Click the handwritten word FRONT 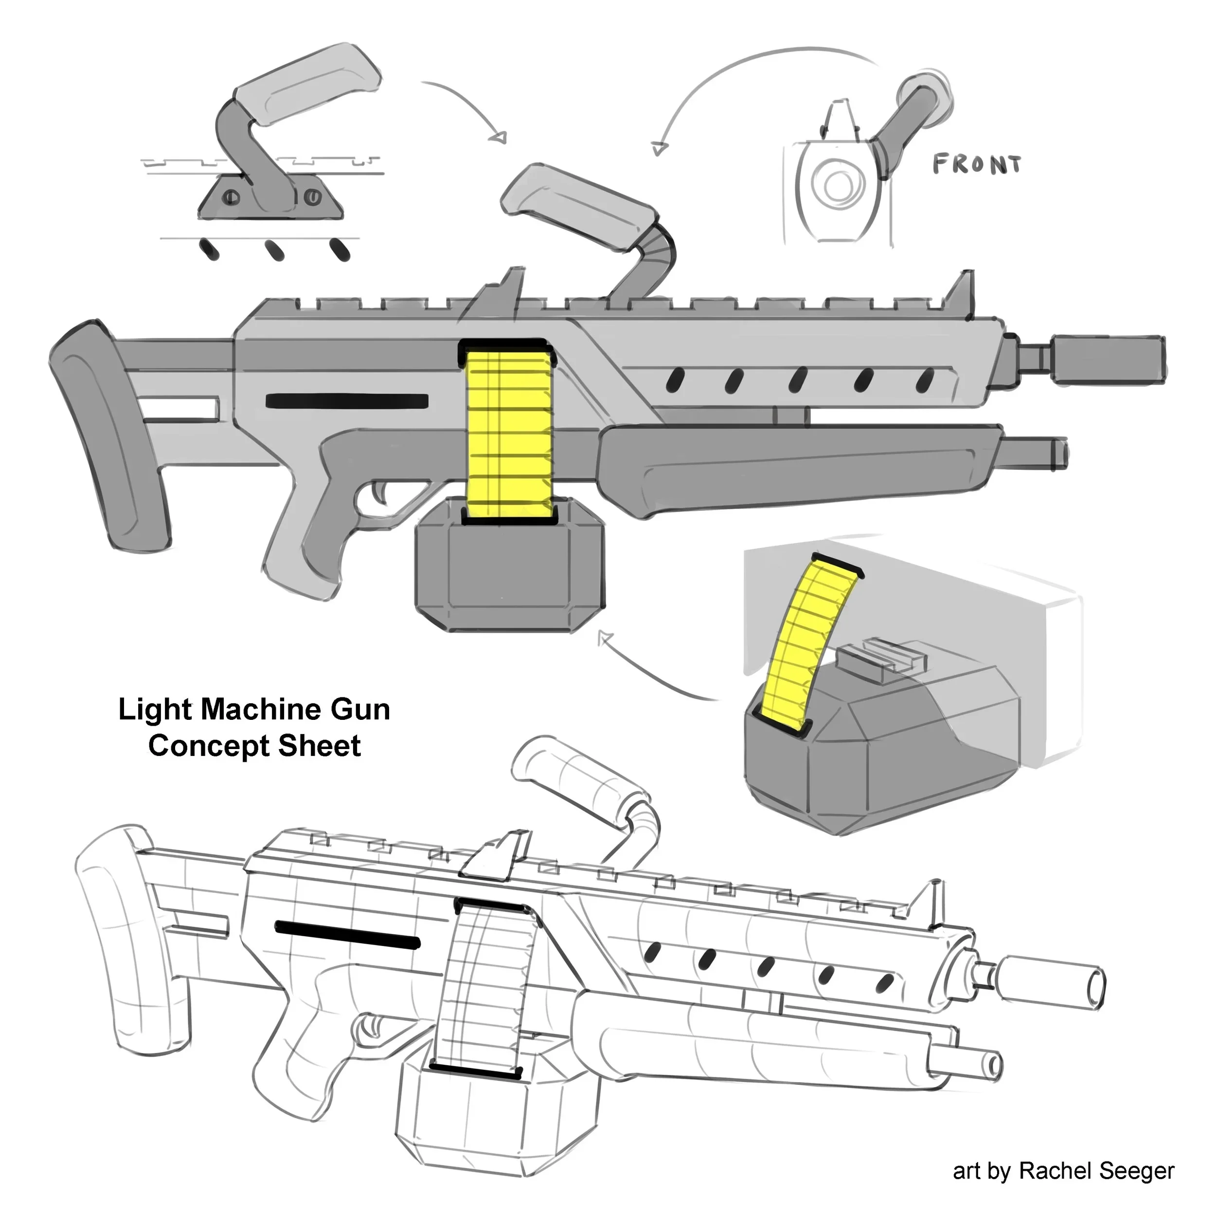(x=976, y=165)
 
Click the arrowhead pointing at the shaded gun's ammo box (x=604, y=638)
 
